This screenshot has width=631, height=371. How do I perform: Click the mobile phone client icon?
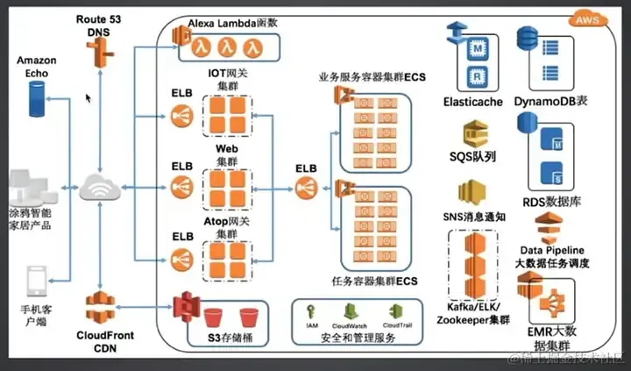36,282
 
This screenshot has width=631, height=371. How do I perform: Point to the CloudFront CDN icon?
99,310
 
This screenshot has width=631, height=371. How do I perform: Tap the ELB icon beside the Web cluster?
181,187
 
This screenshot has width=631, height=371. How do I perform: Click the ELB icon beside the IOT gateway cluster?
181,114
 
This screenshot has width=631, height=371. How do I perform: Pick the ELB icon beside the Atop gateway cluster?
181,259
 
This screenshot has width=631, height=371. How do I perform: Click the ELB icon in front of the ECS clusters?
306,187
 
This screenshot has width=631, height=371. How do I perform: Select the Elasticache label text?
473,102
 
